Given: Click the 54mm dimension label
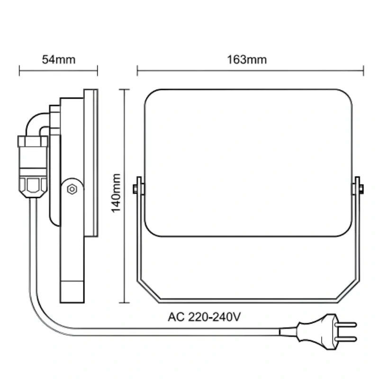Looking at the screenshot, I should [x=58, y=60].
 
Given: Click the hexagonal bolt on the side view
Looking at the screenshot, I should [x=72, y=189].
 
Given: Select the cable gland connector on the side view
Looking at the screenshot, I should [x=32, y=166].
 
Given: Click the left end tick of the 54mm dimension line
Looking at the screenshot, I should [x=19, y=71].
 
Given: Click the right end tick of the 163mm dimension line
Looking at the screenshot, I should [x=363, y=71].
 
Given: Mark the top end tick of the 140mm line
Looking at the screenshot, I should [x=124, y=89].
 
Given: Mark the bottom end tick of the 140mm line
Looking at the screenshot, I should [x=124, y=302].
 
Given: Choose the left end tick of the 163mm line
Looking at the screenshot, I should [x=137, y=71].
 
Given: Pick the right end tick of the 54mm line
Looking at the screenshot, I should [x=97, y=71].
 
